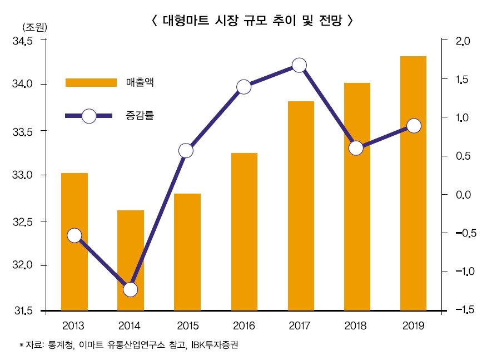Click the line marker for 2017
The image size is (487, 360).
[x=299, y=65]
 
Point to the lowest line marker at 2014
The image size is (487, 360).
[x=131, y=289]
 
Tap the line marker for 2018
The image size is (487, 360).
[x=356, y=148]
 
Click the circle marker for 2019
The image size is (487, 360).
[x=413, y=126]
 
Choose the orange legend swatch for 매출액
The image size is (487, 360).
[x=91, y=82]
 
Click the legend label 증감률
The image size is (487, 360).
[x=140, y=116]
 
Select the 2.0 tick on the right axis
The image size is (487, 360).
[x=463, y=41]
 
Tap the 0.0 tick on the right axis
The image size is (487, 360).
[x=463, y=195]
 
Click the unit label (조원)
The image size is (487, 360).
[x=34, y=27]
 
